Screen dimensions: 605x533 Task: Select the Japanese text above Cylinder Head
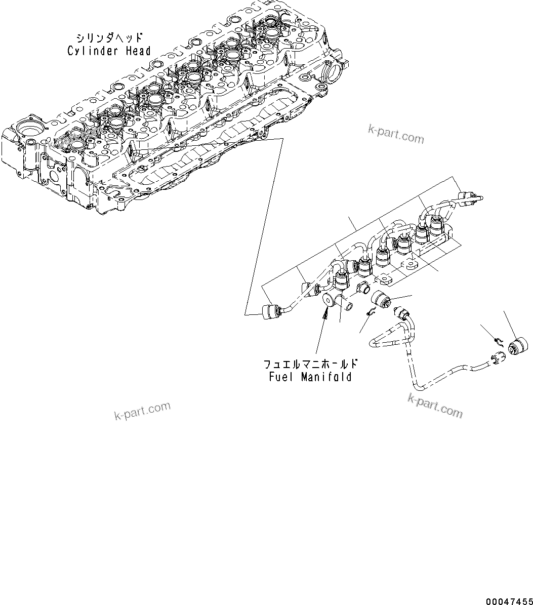click(109, 38)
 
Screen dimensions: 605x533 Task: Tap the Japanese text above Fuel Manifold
click(311, 365)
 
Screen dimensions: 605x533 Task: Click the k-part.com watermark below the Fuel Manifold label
click(142, 411)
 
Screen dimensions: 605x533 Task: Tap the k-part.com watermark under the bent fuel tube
click(435, 406)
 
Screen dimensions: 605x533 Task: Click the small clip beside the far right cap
click(499, 341)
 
